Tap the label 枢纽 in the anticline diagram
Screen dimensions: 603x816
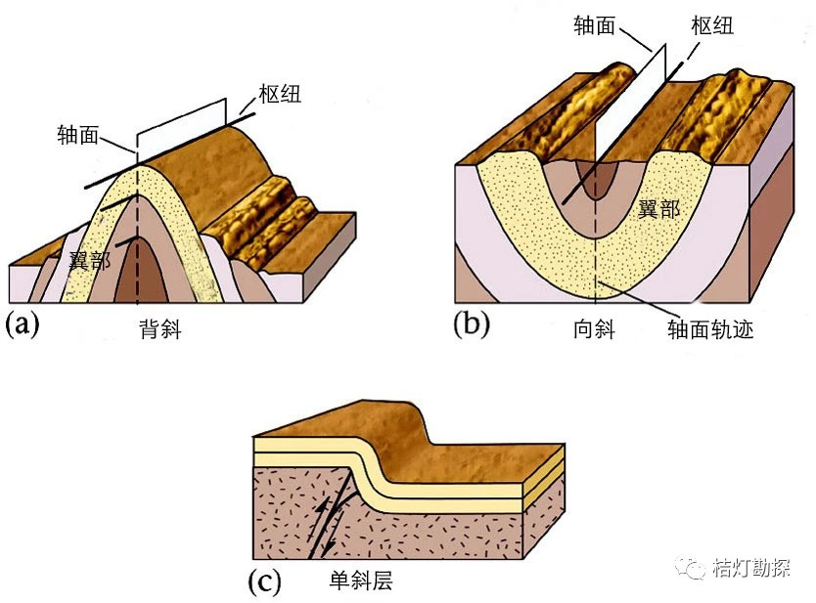tap(281, 95)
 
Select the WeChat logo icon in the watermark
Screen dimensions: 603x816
tap(698, 567)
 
